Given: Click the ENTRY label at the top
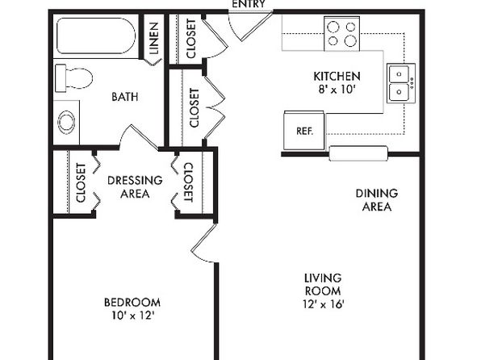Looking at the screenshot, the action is [249, 4].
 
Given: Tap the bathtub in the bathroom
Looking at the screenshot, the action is [96, 36].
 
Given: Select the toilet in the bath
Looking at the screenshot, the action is [73, 78].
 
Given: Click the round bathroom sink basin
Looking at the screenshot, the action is [66, 122].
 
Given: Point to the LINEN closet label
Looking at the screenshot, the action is [153, 38].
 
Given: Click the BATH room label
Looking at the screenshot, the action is [125, 97].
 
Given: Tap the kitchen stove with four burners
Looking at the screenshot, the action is [341, 34].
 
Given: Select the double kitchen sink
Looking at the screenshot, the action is [401, 83].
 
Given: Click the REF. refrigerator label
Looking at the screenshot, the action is [304, 131].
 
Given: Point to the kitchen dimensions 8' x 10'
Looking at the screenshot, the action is [337, 90].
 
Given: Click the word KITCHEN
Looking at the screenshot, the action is [337, 76].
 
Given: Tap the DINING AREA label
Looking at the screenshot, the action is [377, 200].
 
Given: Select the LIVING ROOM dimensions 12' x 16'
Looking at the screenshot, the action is [324, 304].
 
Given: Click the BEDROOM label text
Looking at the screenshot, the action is [132, 303].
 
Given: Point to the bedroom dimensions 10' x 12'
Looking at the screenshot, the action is [132, 316].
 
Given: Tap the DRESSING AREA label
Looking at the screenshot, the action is [135, 187].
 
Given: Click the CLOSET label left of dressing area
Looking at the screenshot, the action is [81, 183].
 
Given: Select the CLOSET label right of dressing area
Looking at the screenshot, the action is [188, 182].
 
